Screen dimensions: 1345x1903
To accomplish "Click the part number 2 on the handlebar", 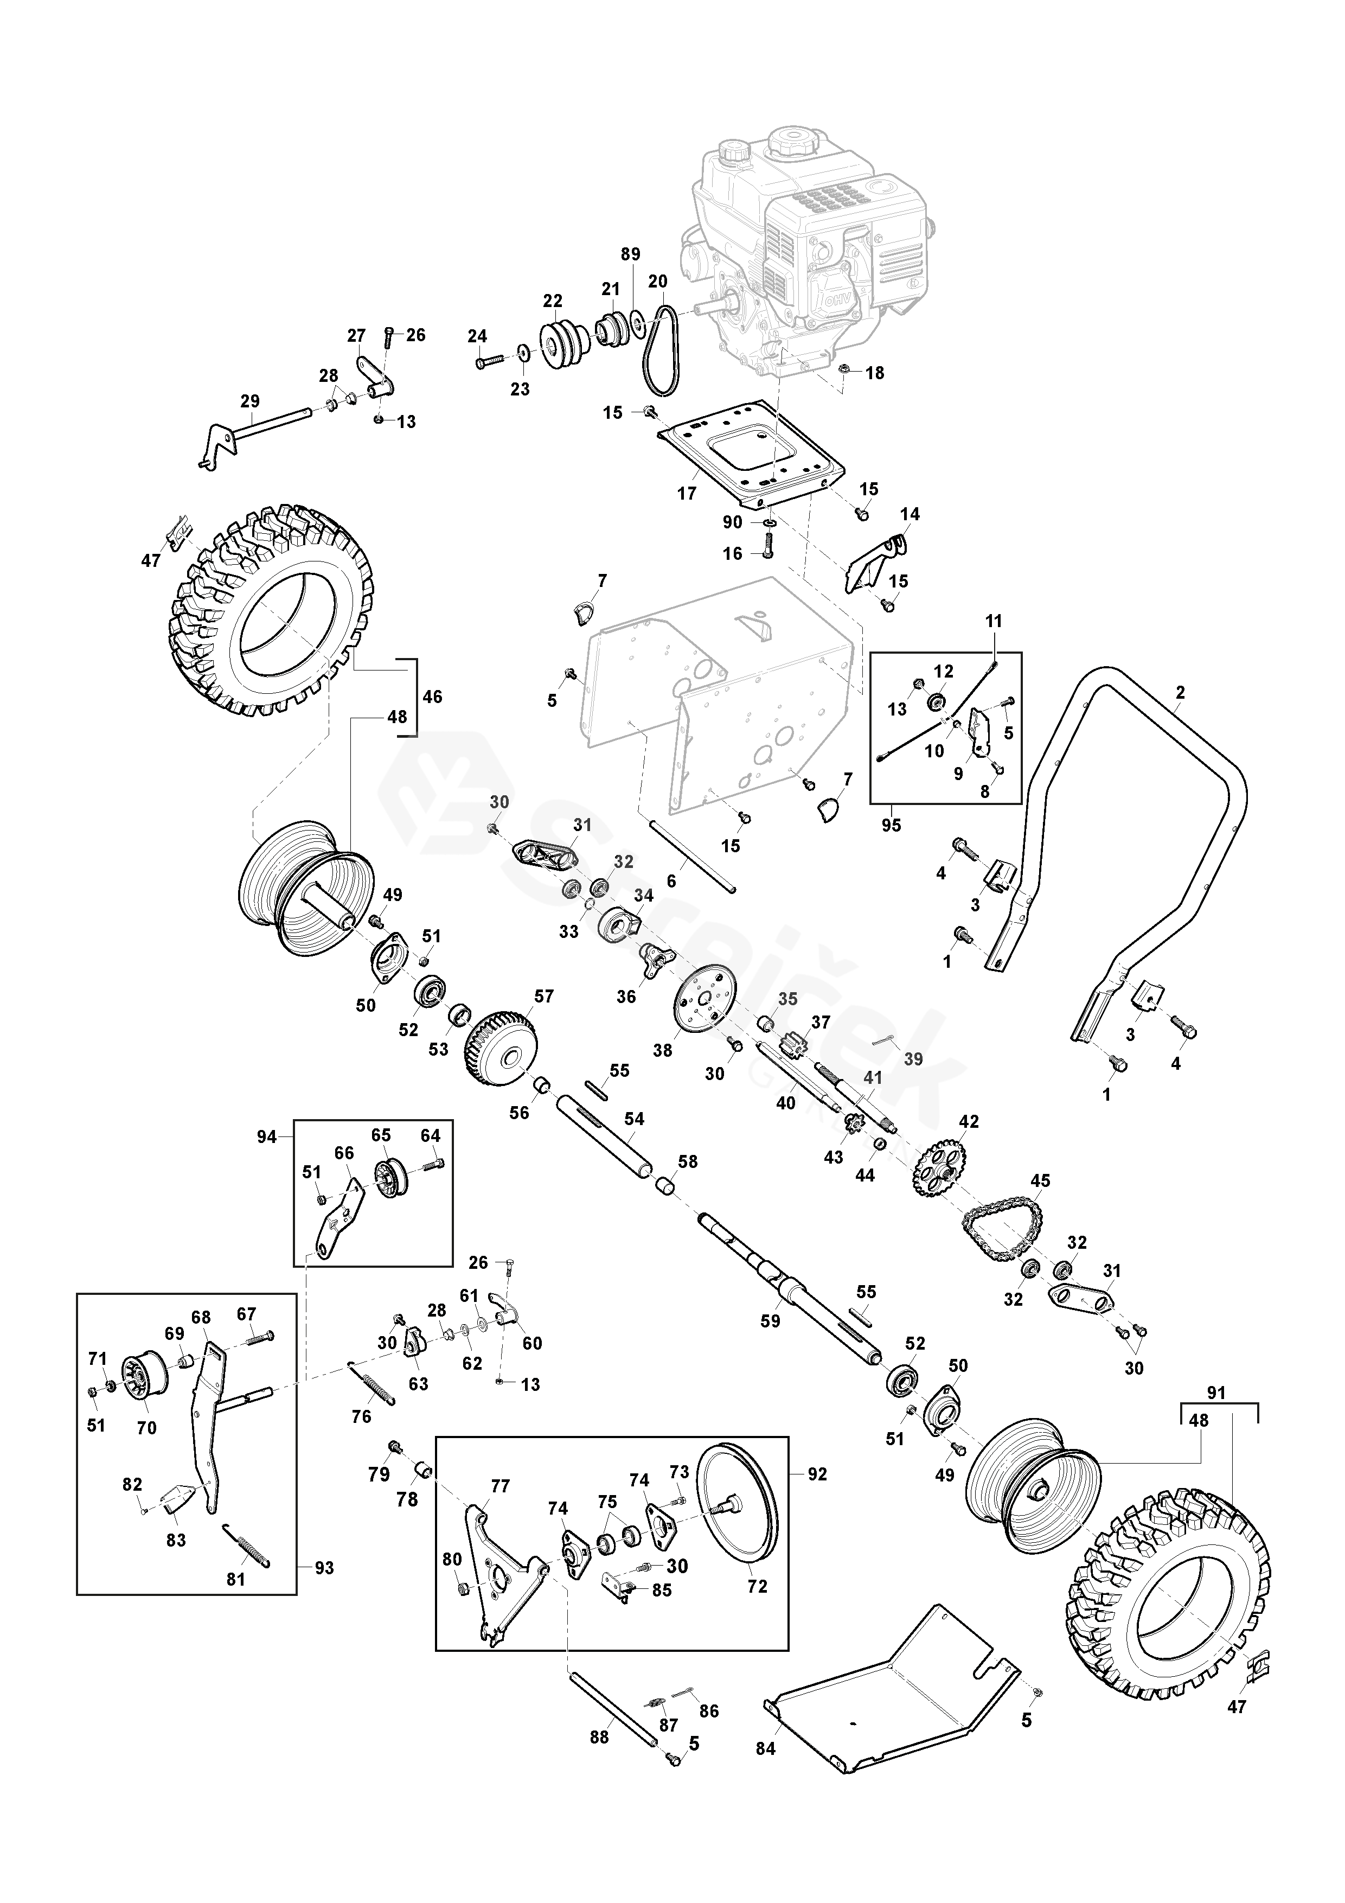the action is pos(1180,692).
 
